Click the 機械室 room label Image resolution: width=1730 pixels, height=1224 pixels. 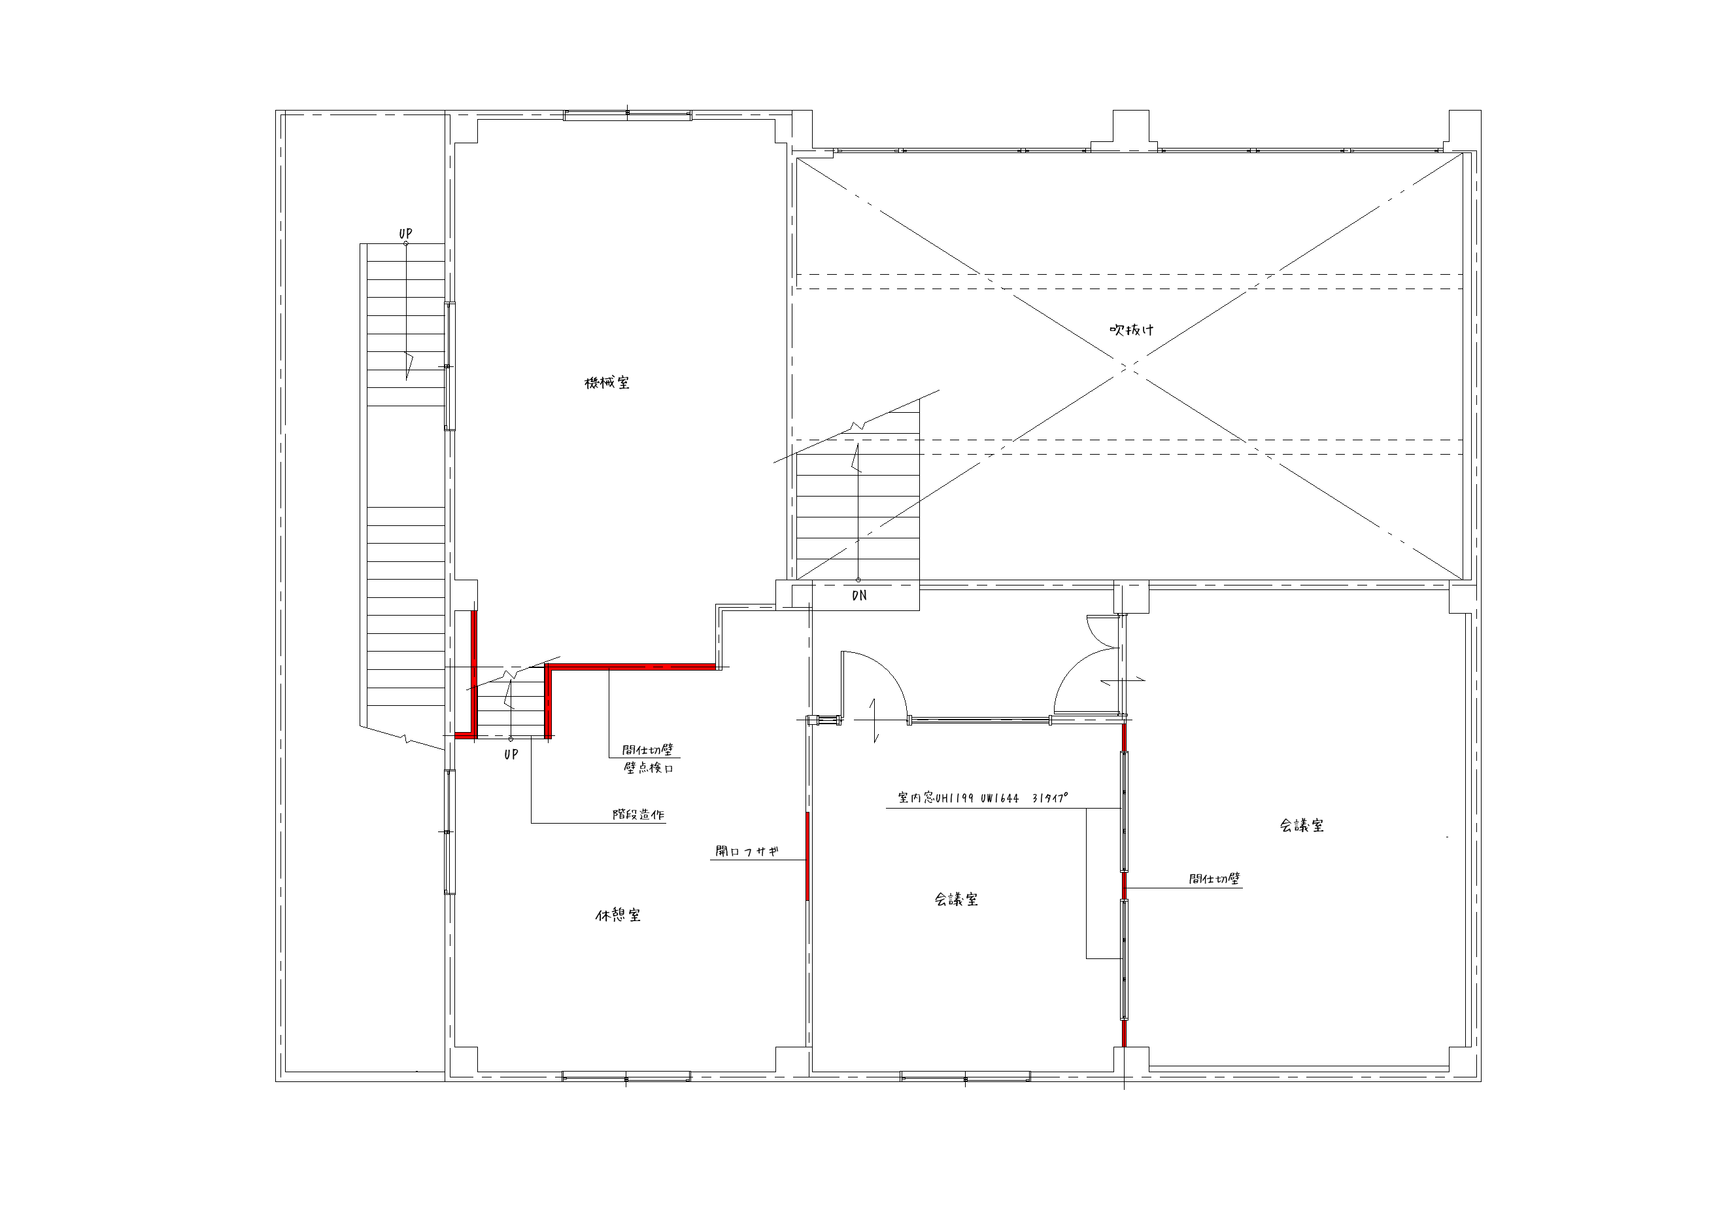pos(607,383)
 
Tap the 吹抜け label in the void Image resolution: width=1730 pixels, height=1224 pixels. pos(1132,330)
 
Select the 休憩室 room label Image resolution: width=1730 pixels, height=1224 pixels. pos(618,916)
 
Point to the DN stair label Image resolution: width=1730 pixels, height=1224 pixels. pos(859,595)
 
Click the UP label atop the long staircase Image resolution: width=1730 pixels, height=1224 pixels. pos(405,234)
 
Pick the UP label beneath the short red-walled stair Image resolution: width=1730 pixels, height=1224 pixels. pos(511,754)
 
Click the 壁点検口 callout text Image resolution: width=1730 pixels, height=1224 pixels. pos(648,768)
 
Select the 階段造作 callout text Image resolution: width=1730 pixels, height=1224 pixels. pos(639,814)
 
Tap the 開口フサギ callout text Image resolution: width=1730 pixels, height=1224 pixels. pos(747,852)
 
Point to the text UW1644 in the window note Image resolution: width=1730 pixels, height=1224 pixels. pos(1000,798)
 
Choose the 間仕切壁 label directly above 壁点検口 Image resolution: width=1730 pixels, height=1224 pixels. pos(648,750)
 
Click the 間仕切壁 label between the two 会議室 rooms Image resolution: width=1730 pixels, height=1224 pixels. pos(1215,879)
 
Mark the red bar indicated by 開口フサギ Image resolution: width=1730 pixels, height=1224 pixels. pos(807,856)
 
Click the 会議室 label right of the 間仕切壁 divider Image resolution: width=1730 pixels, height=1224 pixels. pos(1301,826)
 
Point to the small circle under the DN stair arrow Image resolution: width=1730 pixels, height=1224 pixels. pos(858,580)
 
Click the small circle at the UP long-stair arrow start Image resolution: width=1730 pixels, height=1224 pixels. pos(406,243)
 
